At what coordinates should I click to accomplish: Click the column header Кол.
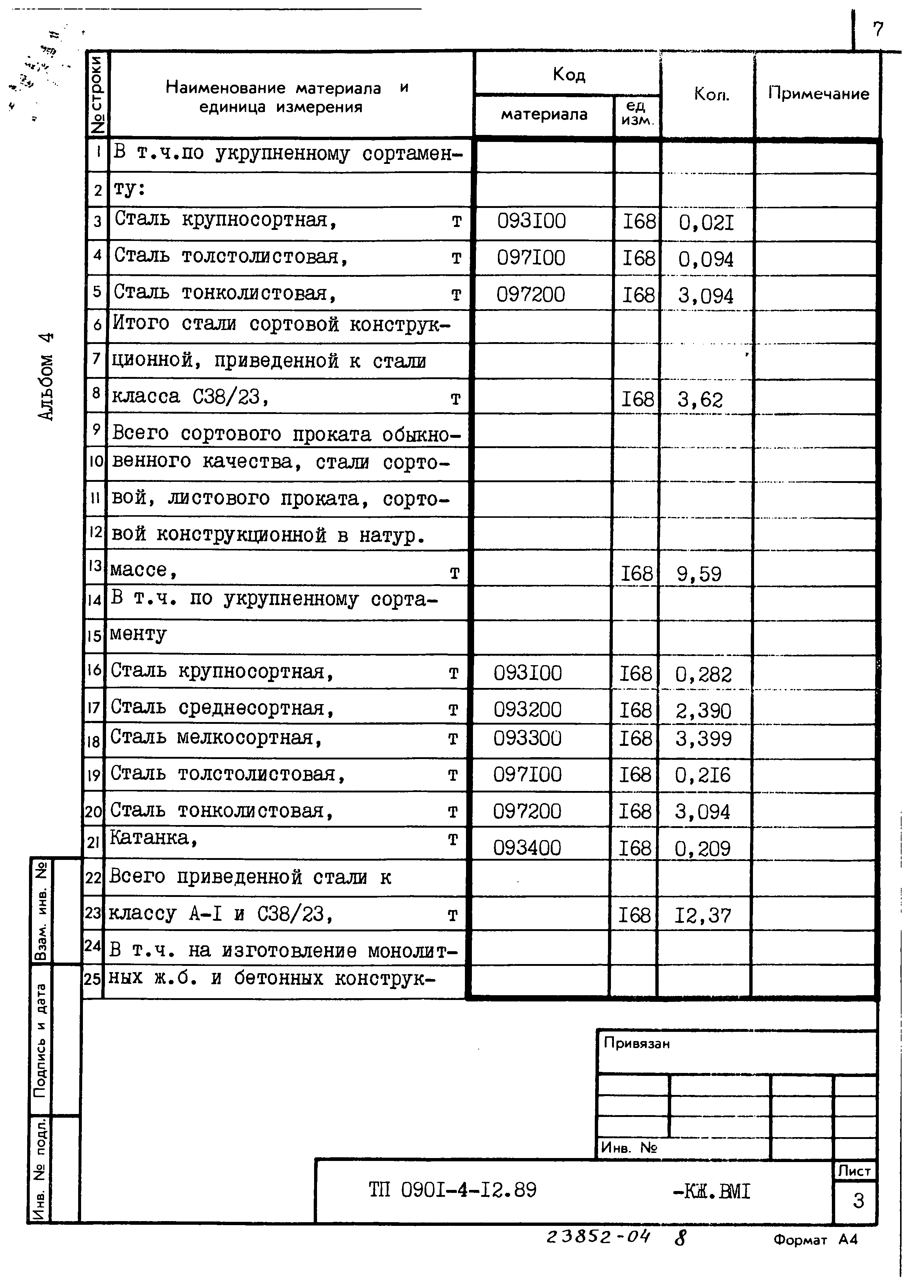(711, 94)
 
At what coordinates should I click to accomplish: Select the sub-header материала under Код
(543, 115)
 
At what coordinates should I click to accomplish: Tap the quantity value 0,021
(706, 223)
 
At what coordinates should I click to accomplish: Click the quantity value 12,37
(703, 916)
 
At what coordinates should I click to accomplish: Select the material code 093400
(527, 848)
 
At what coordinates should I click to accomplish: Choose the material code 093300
(527, 738)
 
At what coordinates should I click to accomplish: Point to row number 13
(95, 566)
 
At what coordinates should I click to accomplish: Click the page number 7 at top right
(877, 29)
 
